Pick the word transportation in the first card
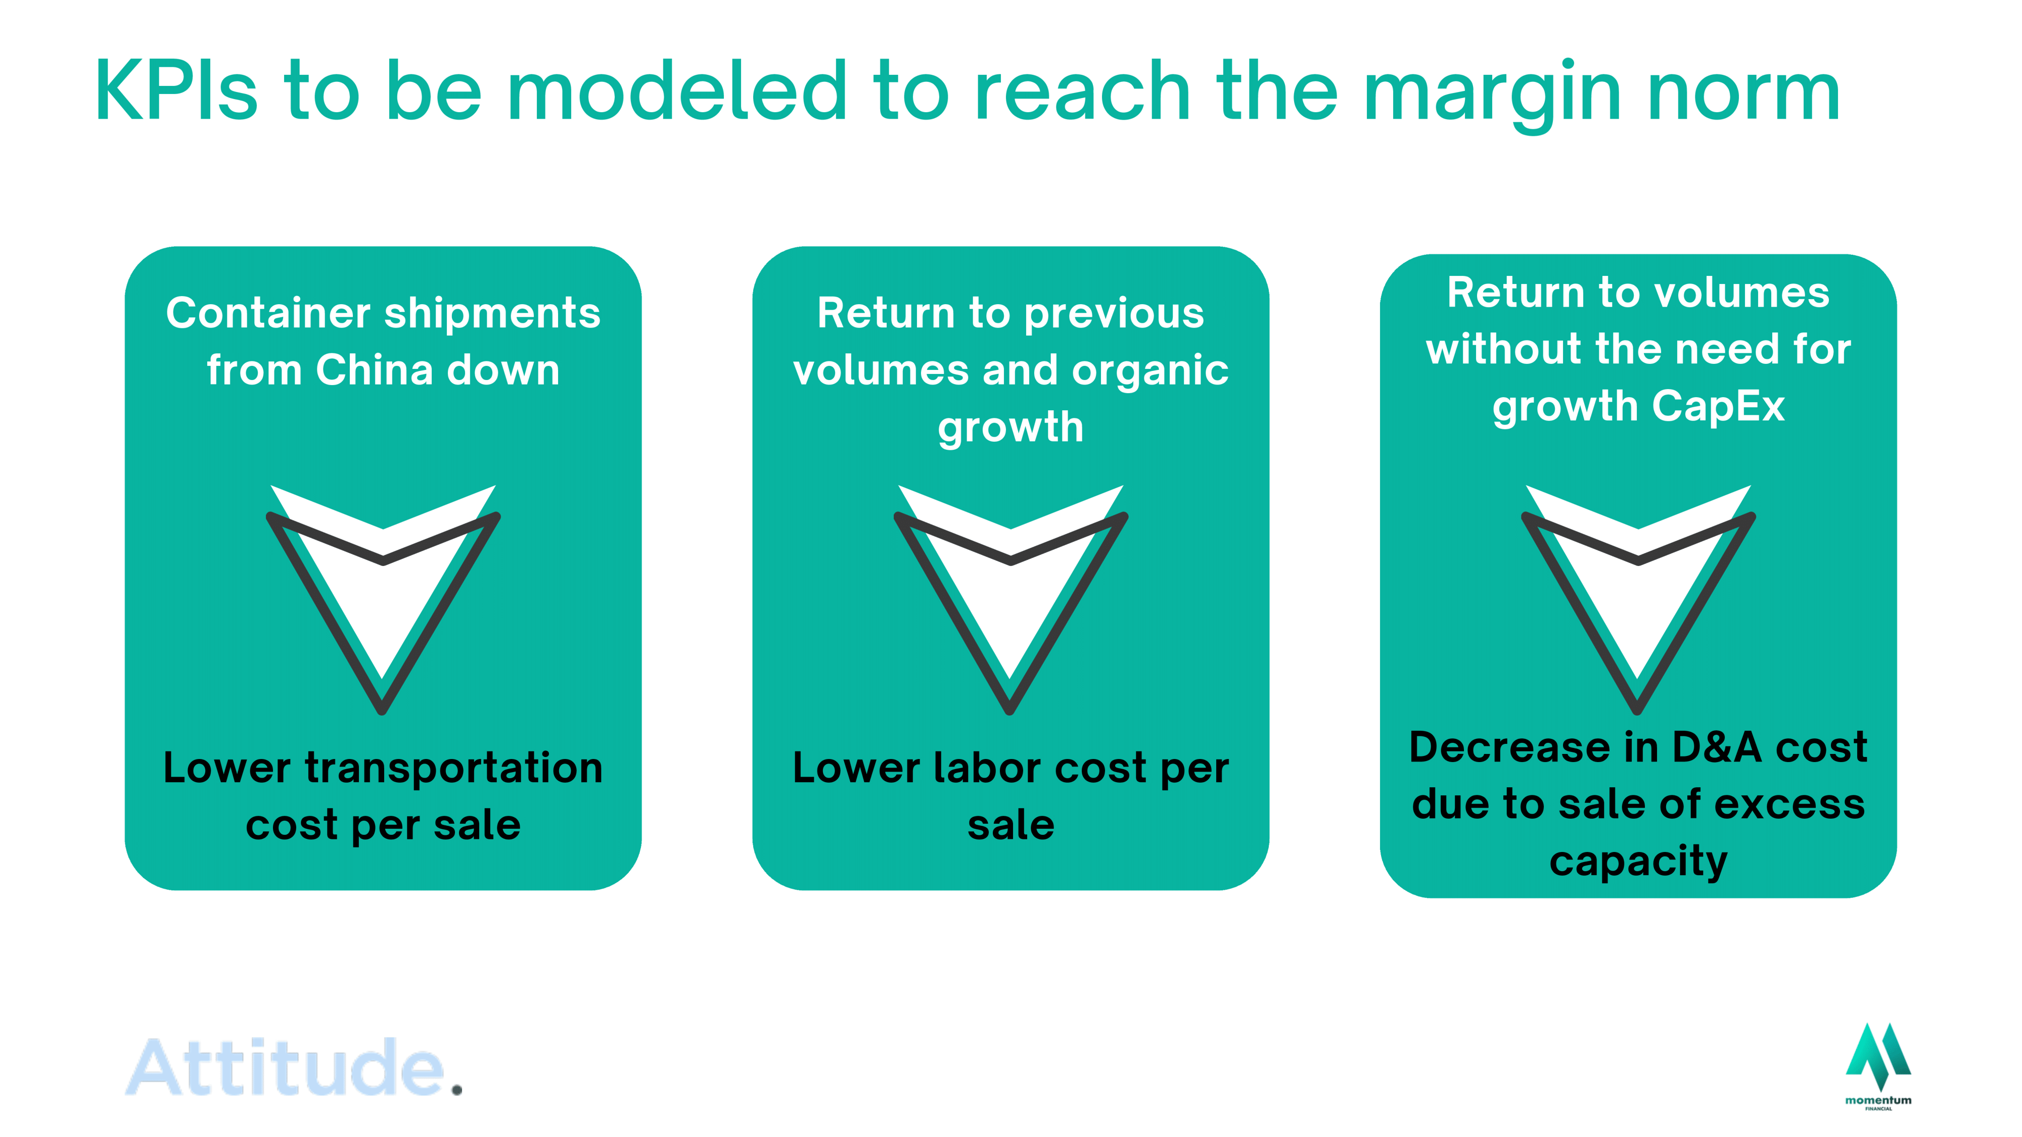coord(454,768)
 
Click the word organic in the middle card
coord(1150,371)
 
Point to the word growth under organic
coord(1011,428)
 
